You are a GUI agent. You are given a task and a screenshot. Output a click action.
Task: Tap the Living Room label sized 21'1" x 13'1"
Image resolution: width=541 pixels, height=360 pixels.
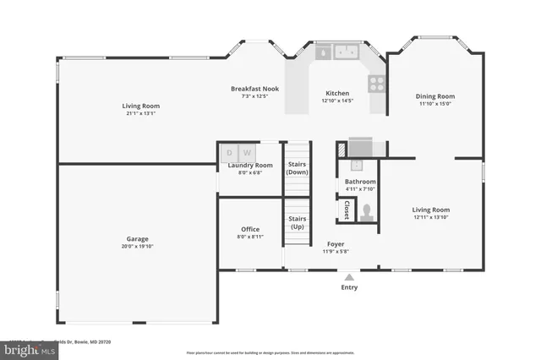tap(142, 106)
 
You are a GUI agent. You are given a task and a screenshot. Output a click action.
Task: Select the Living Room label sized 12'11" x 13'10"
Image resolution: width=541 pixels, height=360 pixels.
tap(430, 210)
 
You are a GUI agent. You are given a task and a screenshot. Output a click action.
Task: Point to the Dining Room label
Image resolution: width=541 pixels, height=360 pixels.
tap(434, 96)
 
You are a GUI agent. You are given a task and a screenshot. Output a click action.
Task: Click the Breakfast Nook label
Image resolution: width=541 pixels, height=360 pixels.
tap(255, 88)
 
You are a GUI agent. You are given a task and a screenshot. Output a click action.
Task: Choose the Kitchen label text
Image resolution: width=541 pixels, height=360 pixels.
tap(337, 93)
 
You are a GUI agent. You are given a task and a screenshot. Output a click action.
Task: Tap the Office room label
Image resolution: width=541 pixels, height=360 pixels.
tap(250, 229)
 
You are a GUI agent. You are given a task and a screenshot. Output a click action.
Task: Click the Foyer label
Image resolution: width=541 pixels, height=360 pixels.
tap(336, 243)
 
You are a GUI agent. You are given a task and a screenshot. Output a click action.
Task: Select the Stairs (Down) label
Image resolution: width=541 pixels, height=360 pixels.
tap(297, 168)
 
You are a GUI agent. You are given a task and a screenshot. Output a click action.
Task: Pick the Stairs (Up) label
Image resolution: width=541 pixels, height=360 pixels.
tap(298, 222)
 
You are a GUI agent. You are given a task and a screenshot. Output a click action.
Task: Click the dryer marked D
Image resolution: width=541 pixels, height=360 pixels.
tap(229, 153)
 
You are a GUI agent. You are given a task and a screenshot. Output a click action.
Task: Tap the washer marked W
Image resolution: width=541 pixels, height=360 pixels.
tap(247, 153)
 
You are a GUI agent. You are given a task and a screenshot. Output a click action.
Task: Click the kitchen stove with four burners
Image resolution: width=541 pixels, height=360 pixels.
tap(376, 83)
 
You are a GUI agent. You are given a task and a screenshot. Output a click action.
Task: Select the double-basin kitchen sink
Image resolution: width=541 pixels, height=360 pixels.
tap(345, 52)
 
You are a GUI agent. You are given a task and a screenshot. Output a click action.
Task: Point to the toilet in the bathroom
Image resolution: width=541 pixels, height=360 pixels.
tap(366, 214)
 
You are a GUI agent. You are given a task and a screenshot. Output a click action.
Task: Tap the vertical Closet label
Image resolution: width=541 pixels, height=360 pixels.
tap(347, 208)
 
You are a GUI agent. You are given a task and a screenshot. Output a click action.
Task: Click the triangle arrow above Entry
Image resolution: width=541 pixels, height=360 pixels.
tap(349, 276)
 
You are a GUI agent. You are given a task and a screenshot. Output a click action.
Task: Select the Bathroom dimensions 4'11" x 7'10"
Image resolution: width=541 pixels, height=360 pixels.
tap(360, 189)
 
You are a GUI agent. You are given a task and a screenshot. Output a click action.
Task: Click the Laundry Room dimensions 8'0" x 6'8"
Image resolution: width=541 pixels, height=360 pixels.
tap(250, 172)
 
